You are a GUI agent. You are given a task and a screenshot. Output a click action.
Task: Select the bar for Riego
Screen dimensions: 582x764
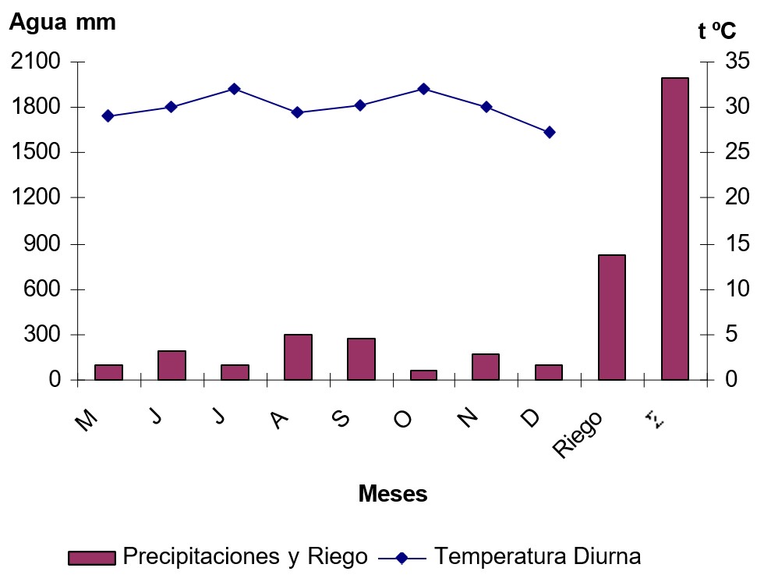(612, 318)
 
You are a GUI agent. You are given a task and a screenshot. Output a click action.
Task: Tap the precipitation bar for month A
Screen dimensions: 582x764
(298, 357)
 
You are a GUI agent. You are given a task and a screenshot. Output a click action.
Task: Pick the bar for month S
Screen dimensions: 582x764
(361, 359)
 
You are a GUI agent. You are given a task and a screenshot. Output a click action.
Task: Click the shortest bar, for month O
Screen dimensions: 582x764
(423, 375)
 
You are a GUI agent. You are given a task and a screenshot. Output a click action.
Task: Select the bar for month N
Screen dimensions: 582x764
(486, 367)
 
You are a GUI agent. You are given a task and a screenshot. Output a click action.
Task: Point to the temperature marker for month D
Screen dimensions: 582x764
(549, 133)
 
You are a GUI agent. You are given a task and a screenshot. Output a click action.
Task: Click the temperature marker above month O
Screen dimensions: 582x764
(423, 89)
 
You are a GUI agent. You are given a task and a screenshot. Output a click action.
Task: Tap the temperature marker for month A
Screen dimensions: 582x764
(297, 112)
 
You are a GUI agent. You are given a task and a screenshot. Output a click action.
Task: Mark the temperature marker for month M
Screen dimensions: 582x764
(108, 116)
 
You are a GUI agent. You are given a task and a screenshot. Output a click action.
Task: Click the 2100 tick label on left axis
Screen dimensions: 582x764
(36, 62)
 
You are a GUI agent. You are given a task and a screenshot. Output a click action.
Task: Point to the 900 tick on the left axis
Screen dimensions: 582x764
(42, 243)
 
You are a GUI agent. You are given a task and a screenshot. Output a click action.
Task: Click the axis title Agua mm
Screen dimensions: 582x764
(62, 23)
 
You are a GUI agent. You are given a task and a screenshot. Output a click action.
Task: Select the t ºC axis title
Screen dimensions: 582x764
(716, 31)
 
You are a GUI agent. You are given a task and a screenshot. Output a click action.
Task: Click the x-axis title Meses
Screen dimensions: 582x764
(393, 494)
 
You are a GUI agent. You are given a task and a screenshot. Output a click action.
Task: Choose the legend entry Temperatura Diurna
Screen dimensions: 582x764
(537, 557)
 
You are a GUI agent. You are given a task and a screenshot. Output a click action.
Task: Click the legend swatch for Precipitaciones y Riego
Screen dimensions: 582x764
(91, 558)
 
